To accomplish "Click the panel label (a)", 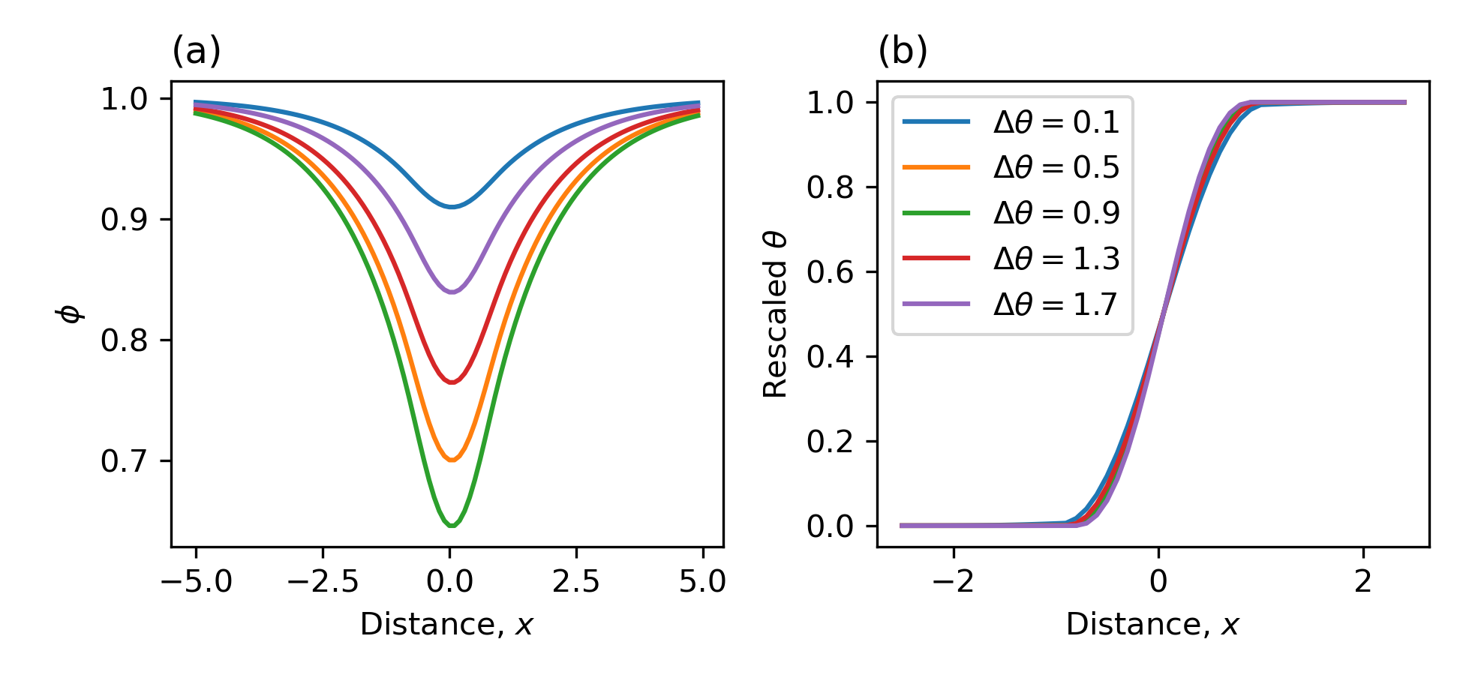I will point(197,52).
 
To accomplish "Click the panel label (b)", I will point(903,52).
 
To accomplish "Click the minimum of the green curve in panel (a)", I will point(452,526).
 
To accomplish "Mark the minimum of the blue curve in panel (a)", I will point(452,206).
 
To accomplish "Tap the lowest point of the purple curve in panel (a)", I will point(452,292).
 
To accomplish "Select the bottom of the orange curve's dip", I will point(452,460).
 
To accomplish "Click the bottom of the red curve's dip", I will point(452,382).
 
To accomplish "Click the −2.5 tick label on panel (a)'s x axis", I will point(322,582).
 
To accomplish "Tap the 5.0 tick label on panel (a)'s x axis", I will point(702,582).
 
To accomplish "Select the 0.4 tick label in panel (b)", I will point(831,356).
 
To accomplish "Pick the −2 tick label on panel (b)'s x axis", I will point(954,582).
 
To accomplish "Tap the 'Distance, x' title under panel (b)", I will point(1152,625).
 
